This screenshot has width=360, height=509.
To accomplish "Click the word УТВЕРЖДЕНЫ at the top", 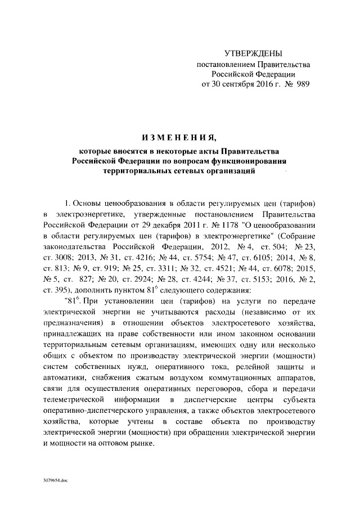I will [x=253, y=53].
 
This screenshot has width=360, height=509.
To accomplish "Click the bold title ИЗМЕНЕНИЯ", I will [x=178, y=137].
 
